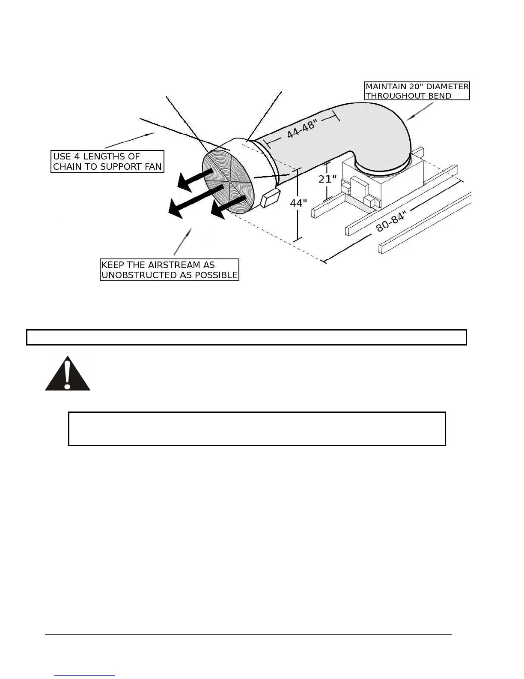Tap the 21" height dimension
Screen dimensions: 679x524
(x=327, y=179)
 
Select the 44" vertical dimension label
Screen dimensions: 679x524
(x=298, y=203)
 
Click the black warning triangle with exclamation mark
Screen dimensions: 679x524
(x=68, y=374)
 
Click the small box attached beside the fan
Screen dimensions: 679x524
(x=270, y=198)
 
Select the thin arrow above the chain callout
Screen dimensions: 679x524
(x=130, y=141)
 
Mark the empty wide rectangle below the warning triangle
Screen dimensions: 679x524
(x=257, y=429)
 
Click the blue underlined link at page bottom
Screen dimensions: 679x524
(x=85, y=675)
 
